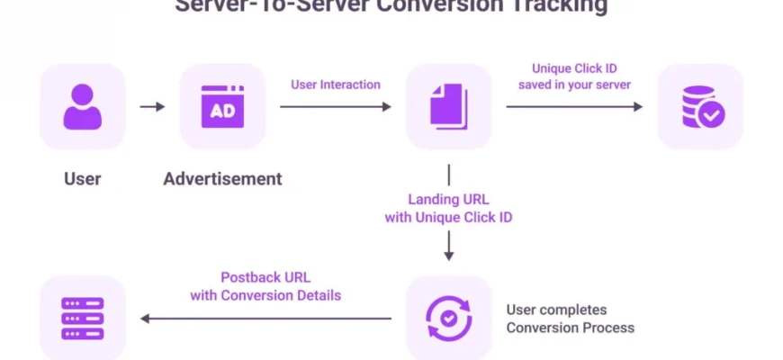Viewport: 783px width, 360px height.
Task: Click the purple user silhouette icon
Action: coord(82,106)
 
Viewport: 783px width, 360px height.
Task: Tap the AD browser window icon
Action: coord(222,106)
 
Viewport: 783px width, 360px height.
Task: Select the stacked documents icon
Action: coord(449,106)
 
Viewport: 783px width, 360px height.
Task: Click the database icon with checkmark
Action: coord(701,106)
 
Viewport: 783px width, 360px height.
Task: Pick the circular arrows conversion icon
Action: coord(448,318)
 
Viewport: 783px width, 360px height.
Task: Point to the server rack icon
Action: coord(82,318)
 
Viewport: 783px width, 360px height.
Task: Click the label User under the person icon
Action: coord(82,179)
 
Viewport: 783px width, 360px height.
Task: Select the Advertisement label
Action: coord(222,179)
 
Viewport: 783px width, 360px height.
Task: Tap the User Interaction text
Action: coord(335,85)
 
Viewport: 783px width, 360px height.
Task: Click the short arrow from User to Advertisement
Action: coord(152,106)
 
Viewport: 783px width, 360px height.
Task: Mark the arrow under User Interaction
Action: coord(335,106)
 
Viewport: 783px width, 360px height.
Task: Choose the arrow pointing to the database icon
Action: coord(574,106)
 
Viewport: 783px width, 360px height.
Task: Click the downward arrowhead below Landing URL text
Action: coord(448,255)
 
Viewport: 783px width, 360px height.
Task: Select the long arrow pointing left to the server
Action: coord(265,318)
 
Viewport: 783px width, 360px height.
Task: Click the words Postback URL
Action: coord(265,277)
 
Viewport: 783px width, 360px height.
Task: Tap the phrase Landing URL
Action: coord(448,200)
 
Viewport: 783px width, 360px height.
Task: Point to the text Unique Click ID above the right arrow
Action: coord(574,68)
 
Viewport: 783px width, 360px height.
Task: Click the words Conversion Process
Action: coord(570,328)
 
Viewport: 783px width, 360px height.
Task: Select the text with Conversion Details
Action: coord(265,294)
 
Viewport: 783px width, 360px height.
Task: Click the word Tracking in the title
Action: coord(563,6)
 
